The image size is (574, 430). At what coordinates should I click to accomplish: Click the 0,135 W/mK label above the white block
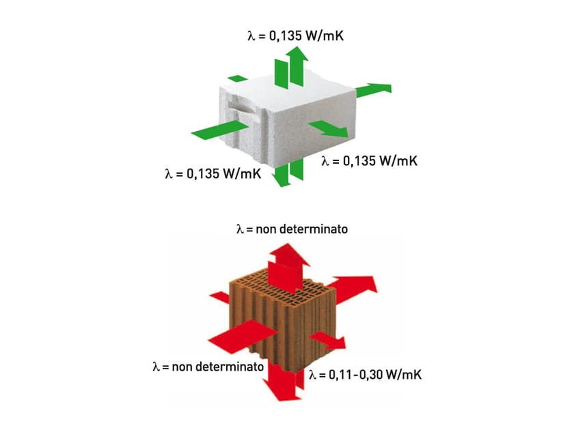tap(295, 35)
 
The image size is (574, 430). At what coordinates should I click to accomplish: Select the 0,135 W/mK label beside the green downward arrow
tap(213, 173)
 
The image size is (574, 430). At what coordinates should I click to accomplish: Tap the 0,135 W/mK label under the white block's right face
tap(370, 161)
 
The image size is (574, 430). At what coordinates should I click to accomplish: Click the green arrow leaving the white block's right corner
tap(373, 89)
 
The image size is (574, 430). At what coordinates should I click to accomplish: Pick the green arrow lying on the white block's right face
tap(328, 128)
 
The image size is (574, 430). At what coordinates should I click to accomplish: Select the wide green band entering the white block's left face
tap(220, 130)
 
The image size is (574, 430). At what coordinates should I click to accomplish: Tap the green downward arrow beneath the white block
tap(288, 173)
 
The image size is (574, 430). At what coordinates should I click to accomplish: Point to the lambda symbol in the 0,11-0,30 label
tap(312, 375)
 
